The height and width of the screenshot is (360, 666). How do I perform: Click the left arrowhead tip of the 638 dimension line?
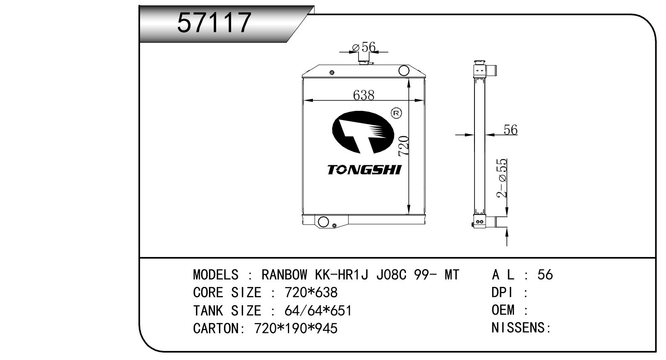[x=303, y=101]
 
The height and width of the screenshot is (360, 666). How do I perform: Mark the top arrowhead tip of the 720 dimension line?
[x=409, y=78]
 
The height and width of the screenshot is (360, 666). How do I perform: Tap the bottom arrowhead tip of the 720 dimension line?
[x=409, y=214]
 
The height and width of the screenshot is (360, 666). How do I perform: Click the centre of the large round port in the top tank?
[x=404, y=71]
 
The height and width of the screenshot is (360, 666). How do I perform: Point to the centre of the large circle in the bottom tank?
[x=323, y=222]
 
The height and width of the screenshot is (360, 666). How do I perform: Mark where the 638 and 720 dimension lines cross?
[x=409, y=101]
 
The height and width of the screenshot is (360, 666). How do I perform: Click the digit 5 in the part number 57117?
[x=187, y=22]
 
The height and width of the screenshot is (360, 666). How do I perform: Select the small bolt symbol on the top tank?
[x=332, y=73]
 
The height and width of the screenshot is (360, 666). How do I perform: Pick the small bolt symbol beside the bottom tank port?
[x=334, y=226]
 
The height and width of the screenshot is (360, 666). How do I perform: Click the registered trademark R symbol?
[x=396, y=113]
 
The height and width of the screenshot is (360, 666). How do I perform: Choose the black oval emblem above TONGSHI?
[x=363, y=132]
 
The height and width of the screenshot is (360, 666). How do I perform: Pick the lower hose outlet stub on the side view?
[x=496, y=222]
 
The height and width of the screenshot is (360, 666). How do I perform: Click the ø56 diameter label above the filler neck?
[x=364, y=47]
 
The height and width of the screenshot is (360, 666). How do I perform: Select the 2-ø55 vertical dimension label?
[x=501, y=178]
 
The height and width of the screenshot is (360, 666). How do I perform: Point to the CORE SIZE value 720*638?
[x=311, y=293]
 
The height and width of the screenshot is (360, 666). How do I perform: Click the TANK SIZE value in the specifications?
[x=318, y=311]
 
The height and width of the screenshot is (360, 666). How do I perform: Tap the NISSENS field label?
[x=521, y=328]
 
